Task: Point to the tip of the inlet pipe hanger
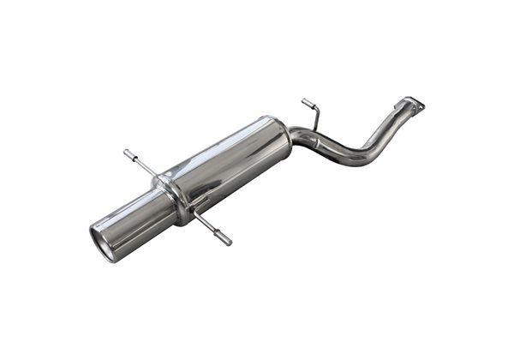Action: [x=304, y=101]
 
